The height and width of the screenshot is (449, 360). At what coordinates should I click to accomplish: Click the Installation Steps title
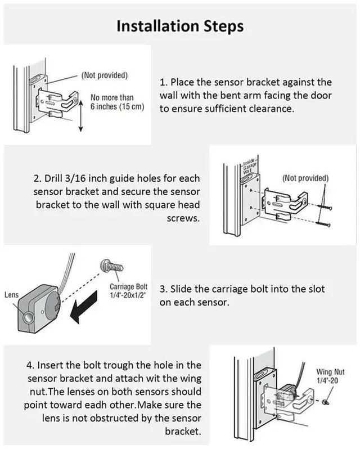point(180,25)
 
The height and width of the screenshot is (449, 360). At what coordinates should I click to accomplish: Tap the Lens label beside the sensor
point(11,294)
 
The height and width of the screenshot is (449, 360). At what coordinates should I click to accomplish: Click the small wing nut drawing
point(327,402)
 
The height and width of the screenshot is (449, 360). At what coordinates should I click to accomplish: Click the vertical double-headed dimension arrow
point(80,113)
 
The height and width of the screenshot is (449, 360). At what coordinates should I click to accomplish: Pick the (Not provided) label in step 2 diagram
point(305,178)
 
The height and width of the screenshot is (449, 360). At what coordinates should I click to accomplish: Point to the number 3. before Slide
point(164,289)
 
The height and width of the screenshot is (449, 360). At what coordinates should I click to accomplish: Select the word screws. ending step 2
point(184,218)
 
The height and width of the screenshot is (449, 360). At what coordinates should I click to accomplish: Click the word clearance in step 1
point(273,109)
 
